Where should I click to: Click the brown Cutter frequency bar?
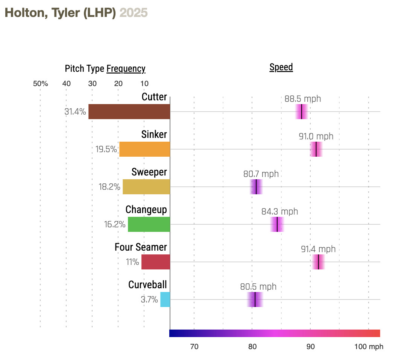tap(129, 112)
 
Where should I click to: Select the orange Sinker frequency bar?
tap(144, 149)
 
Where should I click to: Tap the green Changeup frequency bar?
tap(149, 224)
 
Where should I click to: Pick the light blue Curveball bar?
tap(165, 299)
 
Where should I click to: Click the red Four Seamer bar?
tap(156, 262)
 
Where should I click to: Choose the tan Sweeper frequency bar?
tap(146, 187)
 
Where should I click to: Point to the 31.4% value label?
tap(75, 112)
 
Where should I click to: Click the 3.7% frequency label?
tap(149, 299)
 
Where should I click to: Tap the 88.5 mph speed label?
tap(303, 99)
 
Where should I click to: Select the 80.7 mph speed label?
tap(261, 174)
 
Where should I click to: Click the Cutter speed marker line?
tap(302, 112)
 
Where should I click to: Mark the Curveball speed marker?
tap(255, 299)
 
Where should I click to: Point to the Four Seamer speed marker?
tap(319, 262)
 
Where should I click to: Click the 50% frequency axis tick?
tap(41, 83)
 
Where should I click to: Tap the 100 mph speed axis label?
tap(369, 346)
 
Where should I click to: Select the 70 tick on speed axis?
tap(194, 346)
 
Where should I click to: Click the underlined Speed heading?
tap(281, 67)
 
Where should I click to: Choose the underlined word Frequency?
tap(126, 69)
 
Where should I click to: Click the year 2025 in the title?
tap(134, 13)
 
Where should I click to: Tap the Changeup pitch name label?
tap(146, 210)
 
